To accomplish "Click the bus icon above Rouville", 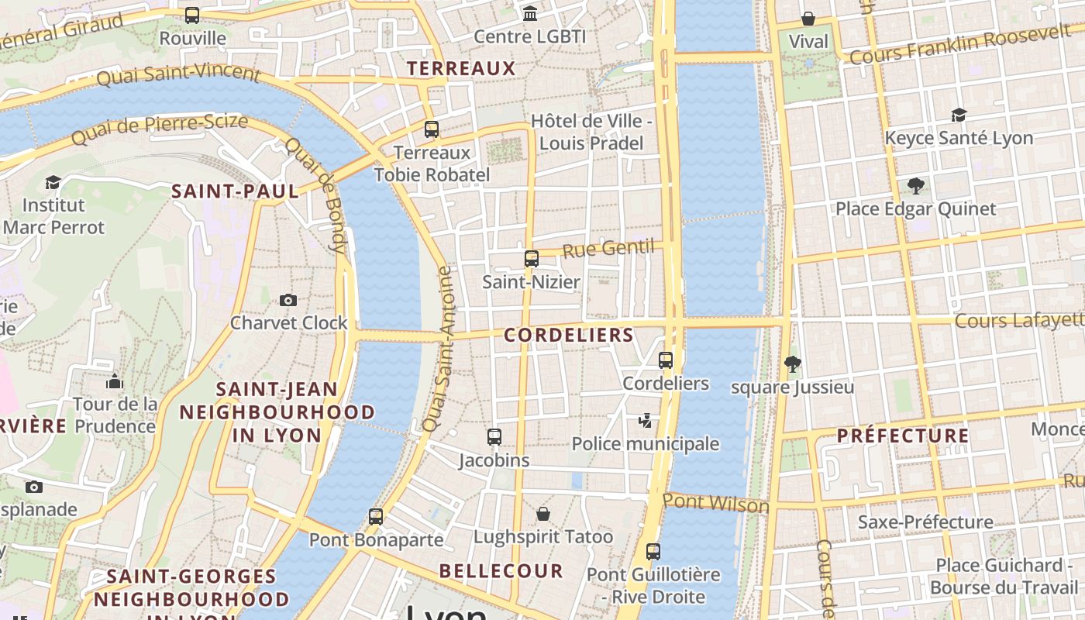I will click(x=192, y=15).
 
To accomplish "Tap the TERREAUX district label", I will click(x=461, y=68).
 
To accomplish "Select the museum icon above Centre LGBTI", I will click(x=530, y=13).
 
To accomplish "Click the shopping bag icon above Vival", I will click(x=808, y=19).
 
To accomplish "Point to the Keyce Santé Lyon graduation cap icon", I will click(x=959, y=115).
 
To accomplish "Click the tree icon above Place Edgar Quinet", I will click(x=915, y=186).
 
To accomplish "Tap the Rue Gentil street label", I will click(x=608, y=249).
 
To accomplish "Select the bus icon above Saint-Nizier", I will click(x=531, y=259).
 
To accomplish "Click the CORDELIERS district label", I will click(x=569, y=336).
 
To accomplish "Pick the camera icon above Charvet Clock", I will click(x=288, y=300).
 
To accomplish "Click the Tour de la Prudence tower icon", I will click(x=115, y=381).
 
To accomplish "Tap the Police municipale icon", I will click(x=645, y=421).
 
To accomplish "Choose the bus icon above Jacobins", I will click(x=494, y=437).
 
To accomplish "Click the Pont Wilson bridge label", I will click(x=715, y=503).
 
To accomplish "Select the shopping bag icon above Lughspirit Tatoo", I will click(x=543, y=514).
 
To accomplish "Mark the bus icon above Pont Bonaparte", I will click(x=376, y=517).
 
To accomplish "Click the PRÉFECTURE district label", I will click(x=903, y=436).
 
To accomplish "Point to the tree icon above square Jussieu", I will click(x=792, y=364).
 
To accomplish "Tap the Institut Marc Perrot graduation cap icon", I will click(x=53, y=183).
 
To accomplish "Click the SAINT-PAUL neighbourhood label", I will click(x=235, y=191).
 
